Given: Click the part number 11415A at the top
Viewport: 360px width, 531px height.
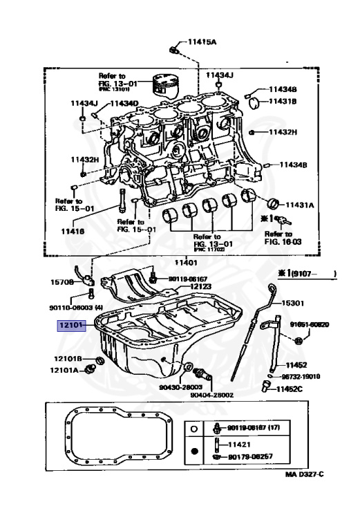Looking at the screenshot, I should click(x=200, y=42).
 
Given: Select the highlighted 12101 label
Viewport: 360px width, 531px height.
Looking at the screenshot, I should click(x=70, y=324).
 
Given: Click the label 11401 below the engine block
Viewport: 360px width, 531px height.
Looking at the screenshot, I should click(x=185, y=262).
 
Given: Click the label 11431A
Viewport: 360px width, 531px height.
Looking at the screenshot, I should click(x=301, y=205).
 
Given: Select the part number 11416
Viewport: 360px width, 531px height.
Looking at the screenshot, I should click(x=72, y=232).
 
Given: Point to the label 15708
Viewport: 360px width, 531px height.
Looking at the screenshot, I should click(x=64, y=283).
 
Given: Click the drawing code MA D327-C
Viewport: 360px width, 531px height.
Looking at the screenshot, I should click(x=304, y=474).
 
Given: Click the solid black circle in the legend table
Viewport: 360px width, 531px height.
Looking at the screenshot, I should click(x=196, y=450).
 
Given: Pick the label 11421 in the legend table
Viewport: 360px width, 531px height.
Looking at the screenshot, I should click(x=240, y=445).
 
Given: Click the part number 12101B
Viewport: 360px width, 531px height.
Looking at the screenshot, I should click(x=68, y=358).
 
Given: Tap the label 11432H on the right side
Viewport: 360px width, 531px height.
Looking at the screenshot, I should click(x=283, y=131).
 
